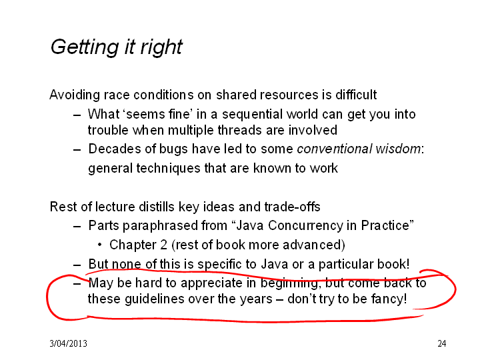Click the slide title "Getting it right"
pyautogui.click(x=116, y=47)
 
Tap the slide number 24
pyautogui.click(x=442, y=343)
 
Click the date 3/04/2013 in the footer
pyautogui.click(x=68, y=343)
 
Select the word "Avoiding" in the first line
pyautogui.click(x=75, y=95)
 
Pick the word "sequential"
pyautogui.click(x=252, y=115)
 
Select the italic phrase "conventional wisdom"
pyautogui.click(x=359, y=149)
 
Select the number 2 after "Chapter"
pyautogui.click(x=164, y=245)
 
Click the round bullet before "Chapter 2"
pyautogui.click(x=99, y=245)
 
